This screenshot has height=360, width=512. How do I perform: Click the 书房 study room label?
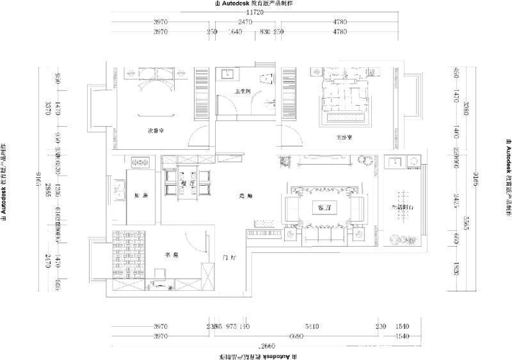[171, 254]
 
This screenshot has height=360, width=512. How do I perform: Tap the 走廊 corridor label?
[244, 196]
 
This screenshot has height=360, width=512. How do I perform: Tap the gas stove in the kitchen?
[136, 161]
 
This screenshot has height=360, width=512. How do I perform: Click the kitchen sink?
[118, 188]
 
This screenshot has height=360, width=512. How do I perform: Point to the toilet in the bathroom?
[267, 78]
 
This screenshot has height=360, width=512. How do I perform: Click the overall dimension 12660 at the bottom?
[255, 344]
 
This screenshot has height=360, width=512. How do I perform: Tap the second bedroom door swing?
[199, 136]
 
